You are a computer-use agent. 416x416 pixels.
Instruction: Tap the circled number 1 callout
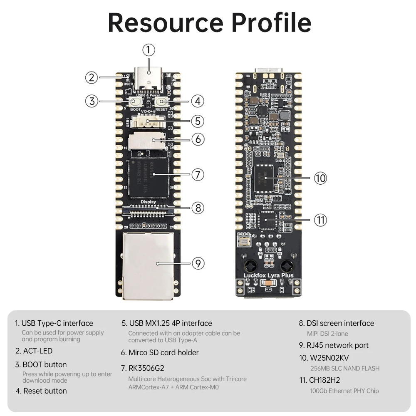[149, 50]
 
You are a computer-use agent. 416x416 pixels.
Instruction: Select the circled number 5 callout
[198, 121]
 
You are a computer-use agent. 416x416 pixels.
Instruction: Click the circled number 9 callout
[198, 263]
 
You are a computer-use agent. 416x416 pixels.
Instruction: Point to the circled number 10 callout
[320, 178]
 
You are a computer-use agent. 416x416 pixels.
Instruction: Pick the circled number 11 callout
[320, 220]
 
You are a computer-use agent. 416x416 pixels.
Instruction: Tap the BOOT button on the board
[135, 102]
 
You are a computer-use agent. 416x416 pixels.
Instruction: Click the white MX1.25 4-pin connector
[147, 122]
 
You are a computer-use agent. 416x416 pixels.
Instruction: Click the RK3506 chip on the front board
[149, 175]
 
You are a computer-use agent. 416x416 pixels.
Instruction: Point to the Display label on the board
[149, 202]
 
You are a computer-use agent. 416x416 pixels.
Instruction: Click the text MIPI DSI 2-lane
[324, 334]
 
